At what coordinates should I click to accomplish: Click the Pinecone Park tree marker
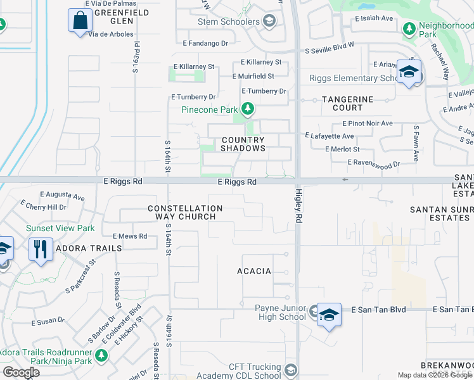[x=248, y=110]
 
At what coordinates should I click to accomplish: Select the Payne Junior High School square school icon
[x=329, y=315]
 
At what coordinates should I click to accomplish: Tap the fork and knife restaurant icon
[x=41, y=248]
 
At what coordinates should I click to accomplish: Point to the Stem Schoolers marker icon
[x=269, y=22]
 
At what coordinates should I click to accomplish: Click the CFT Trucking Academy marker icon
[x=291, y=369]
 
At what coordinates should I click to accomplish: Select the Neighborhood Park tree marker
[x=409, y=28]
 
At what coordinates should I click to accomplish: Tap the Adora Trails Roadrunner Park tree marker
[x=101, y=357]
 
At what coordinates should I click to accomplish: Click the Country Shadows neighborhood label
[x=243, y=144]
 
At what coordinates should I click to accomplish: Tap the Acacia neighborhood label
[x=254, y=271]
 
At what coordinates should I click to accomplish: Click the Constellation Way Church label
[x=185, y=212]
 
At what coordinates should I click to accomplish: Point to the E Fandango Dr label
[x=205, y=44]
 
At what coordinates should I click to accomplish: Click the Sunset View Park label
[x=60, y=228]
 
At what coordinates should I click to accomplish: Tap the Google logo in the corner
[x=21, y=372]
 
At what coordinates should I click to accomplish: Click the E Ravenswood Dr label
[x=375, y=163]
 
